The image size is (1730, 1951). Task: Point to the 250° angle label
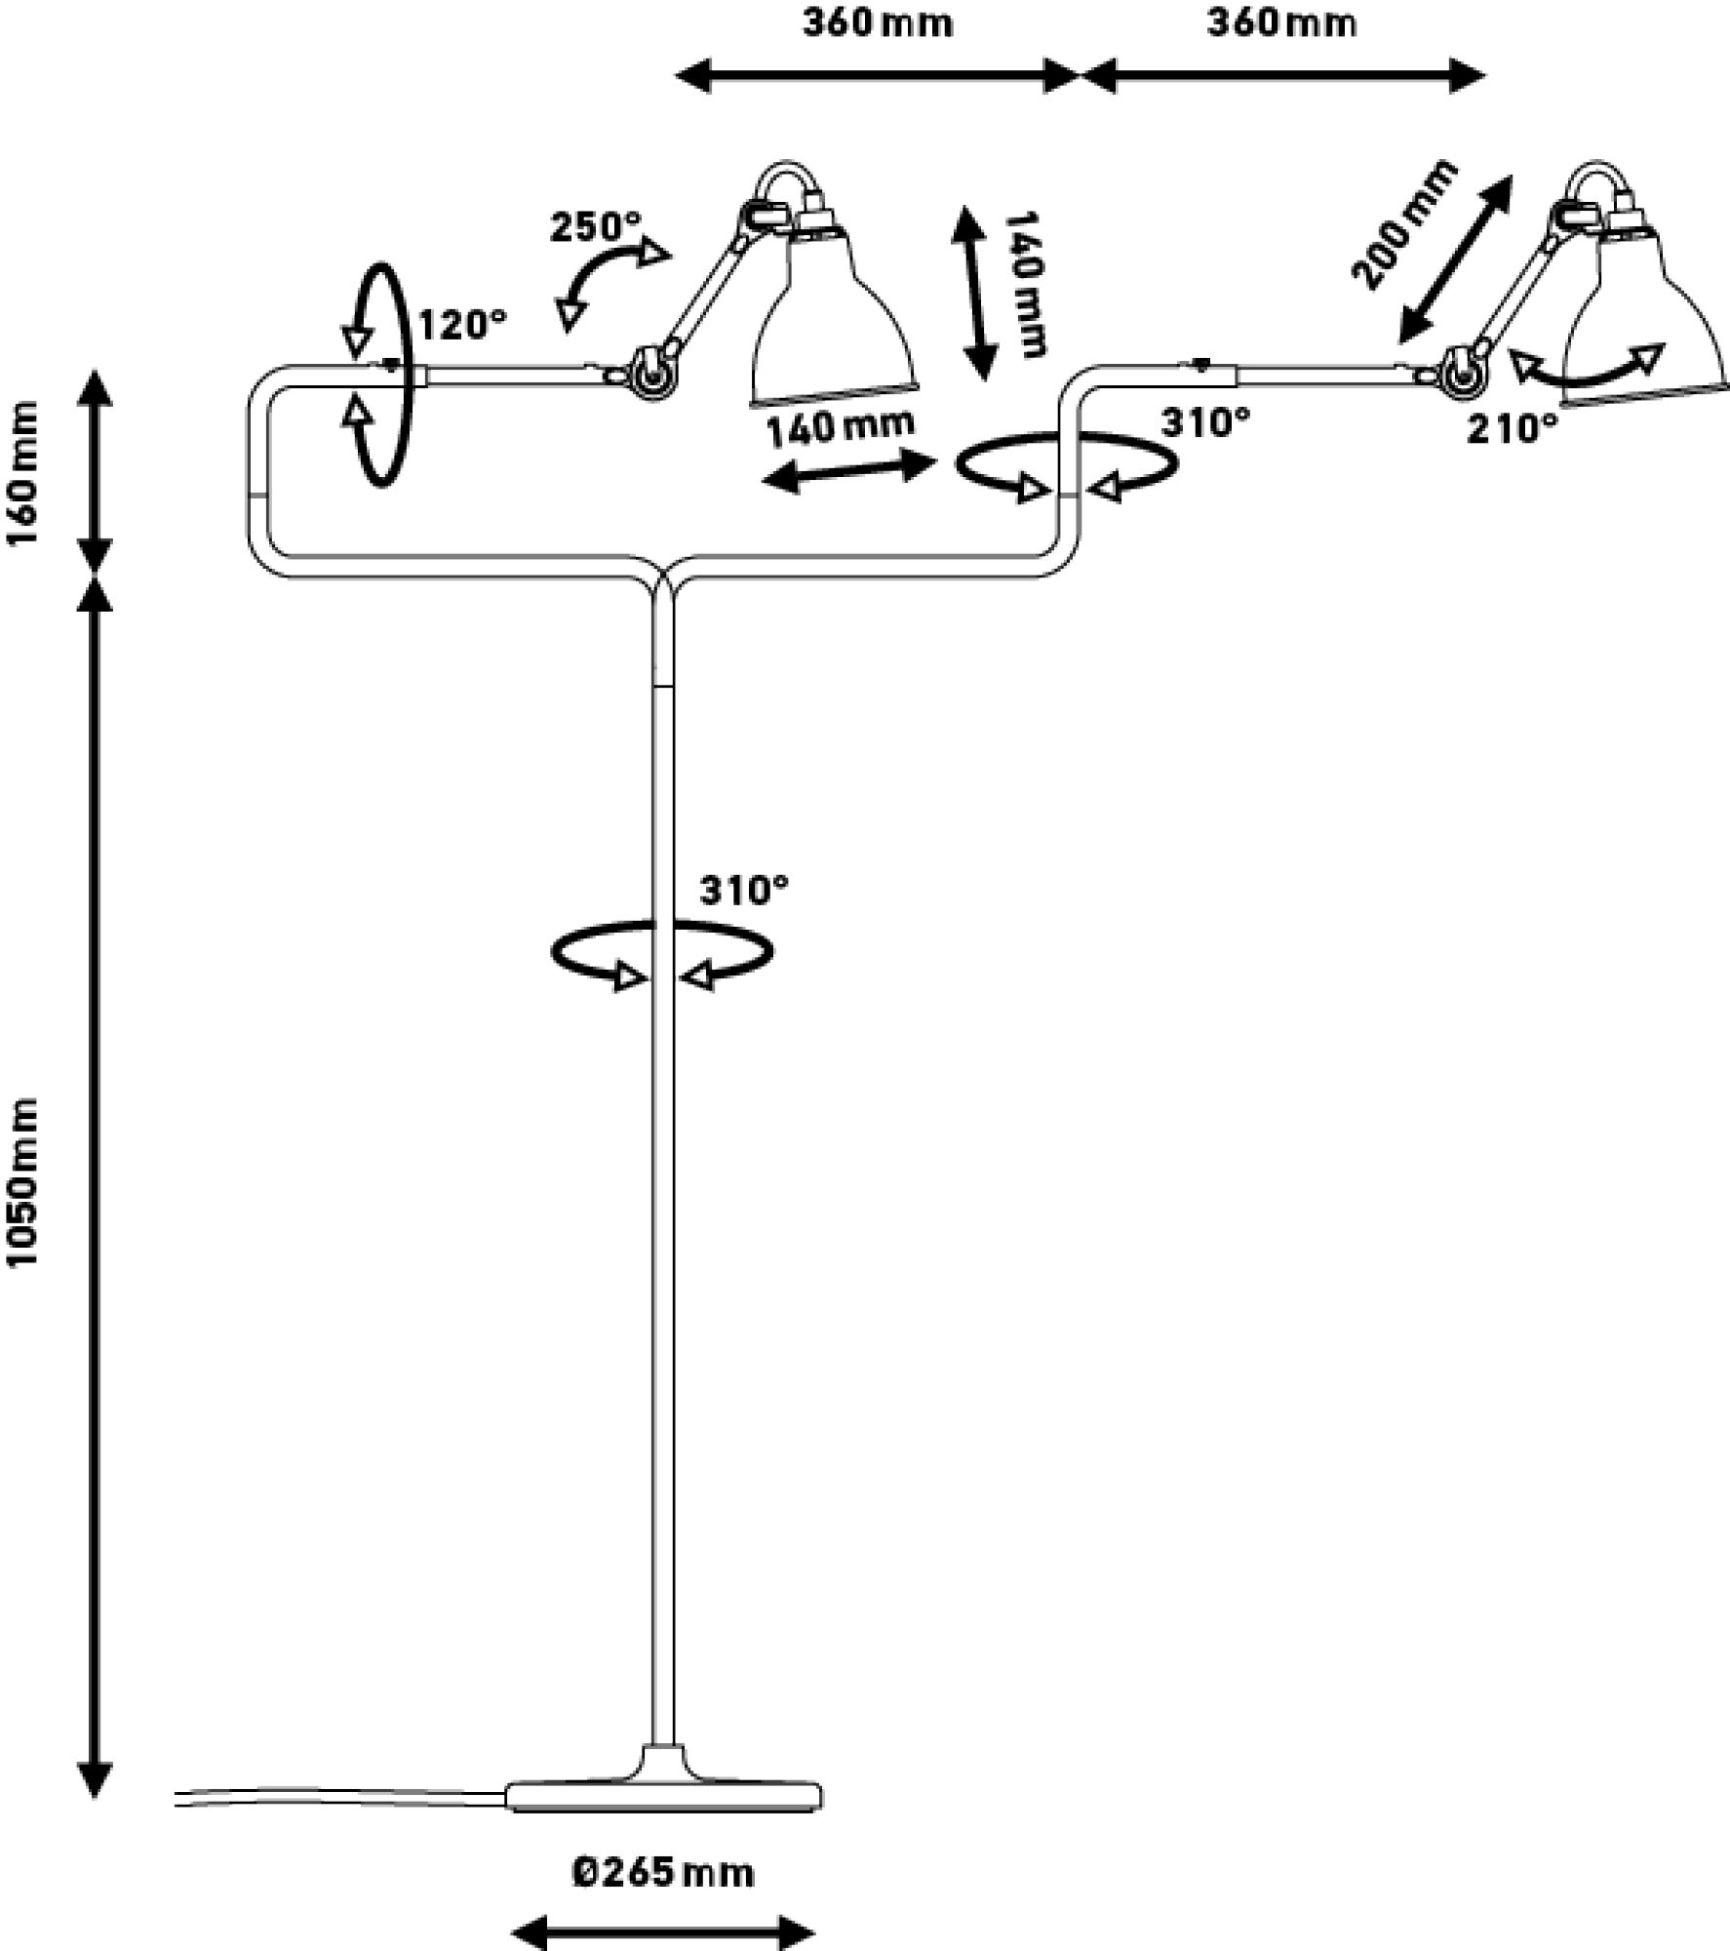coord(596,227)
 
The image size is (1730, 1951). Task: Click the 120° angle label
coord(463,325)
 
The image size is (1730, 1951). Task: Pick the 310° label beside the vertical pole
coord(743,890)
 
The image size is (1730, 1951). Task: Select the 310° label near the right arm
coord(1205,422)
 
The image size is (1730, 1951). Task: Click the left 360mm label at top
coord(878,23)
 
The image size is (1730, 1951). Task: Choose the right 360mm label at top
coord(1281,23)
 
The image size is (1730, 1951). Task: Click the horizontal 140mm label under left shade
coord(841,428)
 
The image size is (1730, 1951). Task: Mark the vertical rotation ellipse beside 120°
coord(378,375)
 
